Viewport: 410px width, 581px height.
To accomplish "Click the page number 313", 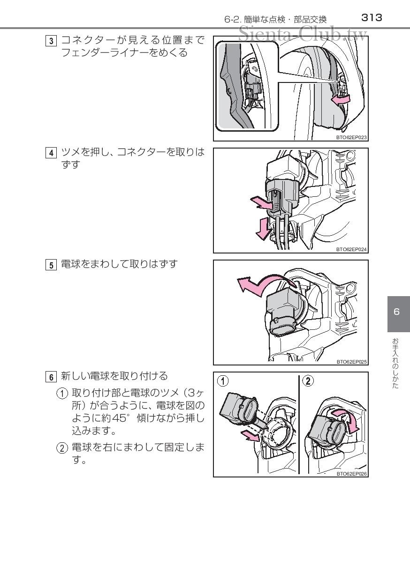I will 372,18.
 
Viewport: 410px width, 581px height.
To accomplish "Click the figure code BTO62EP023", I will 351,138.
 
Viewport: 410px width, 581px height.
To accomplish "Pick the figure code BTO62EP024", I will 351,249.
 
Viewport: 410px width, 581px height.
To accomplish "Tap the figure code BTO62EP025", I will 351,362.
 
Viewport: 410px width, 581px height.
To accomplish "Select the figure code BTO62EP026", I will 351,474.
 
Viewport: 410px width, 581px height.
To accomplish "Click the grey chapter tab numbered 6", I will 397,313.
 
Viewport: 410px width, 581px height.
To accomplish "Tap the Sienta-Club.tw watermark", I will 303,33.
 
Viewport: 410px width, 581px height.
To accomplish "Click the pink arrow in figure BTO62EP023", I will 340,100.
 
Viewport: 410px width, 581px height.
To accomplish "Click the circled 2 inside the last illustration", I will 308,381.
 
